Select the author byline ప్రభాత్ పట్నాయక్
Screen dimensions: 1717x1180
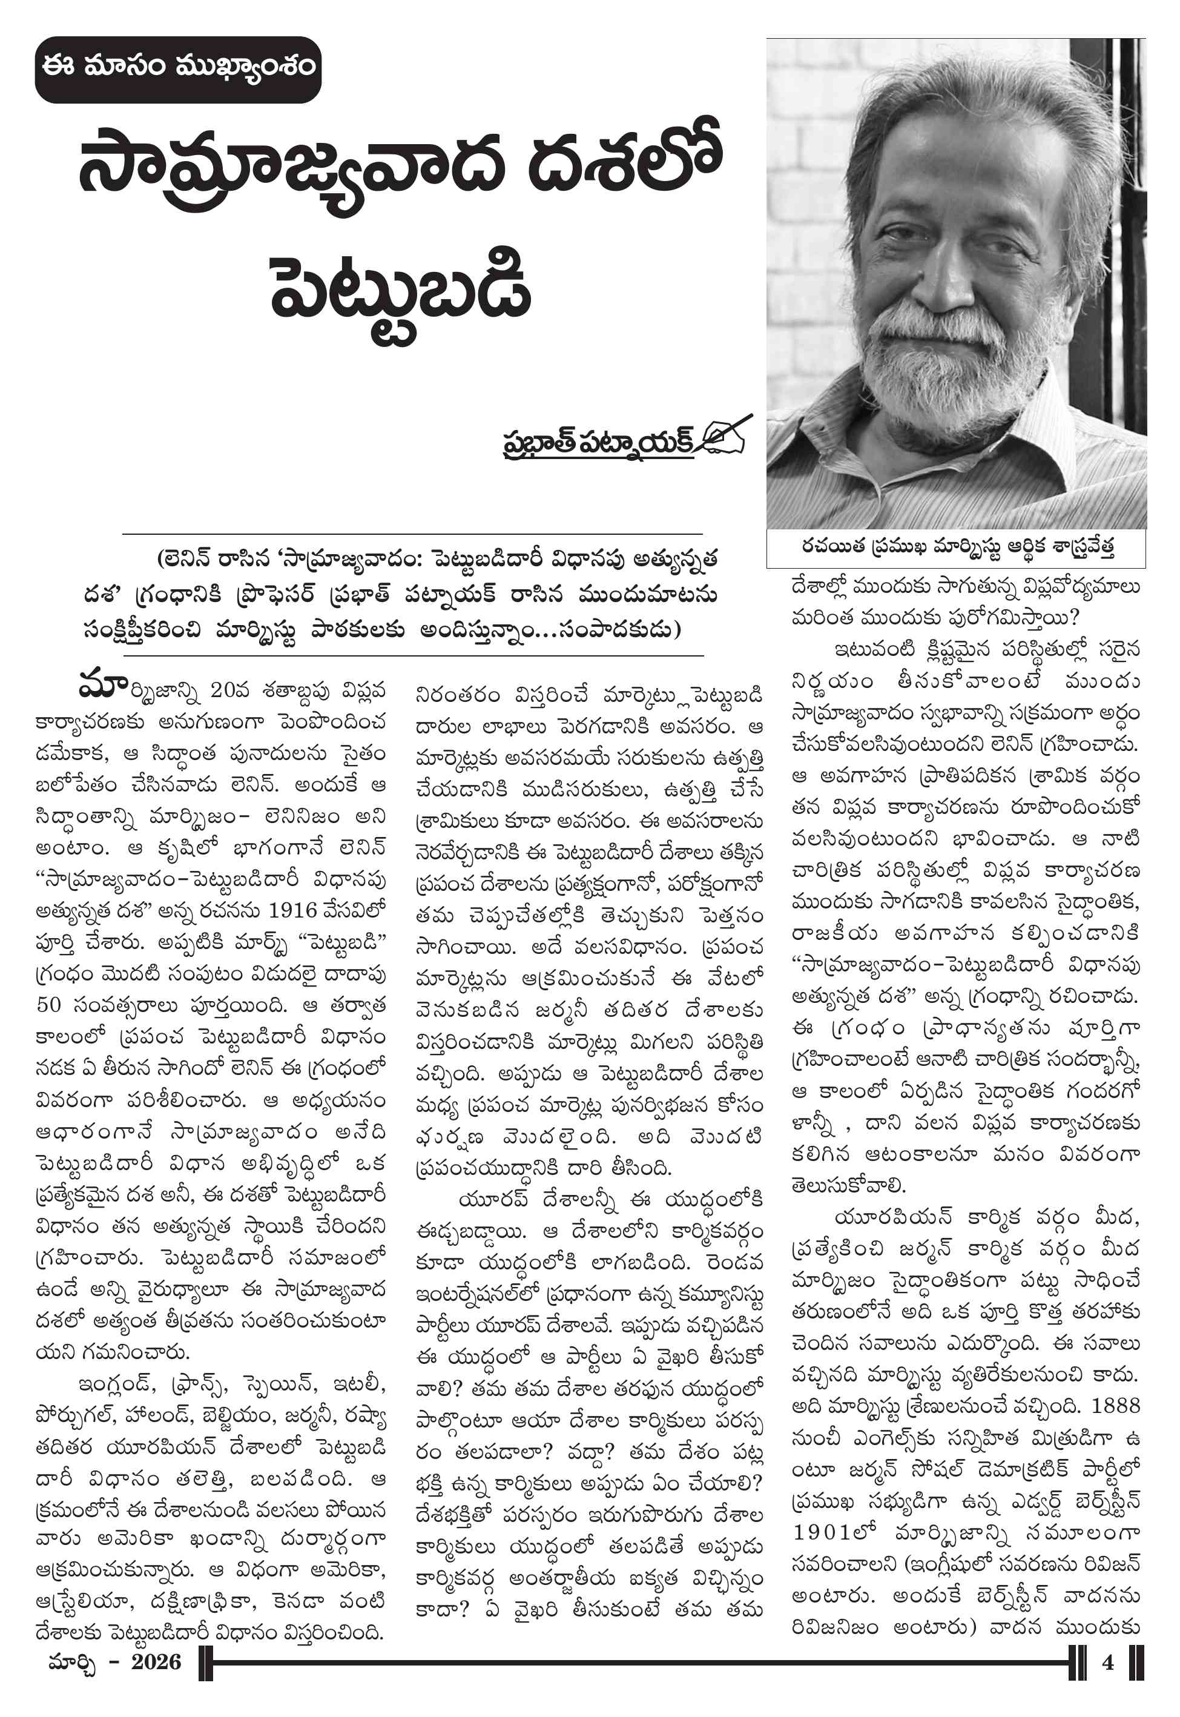(598, 442)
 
